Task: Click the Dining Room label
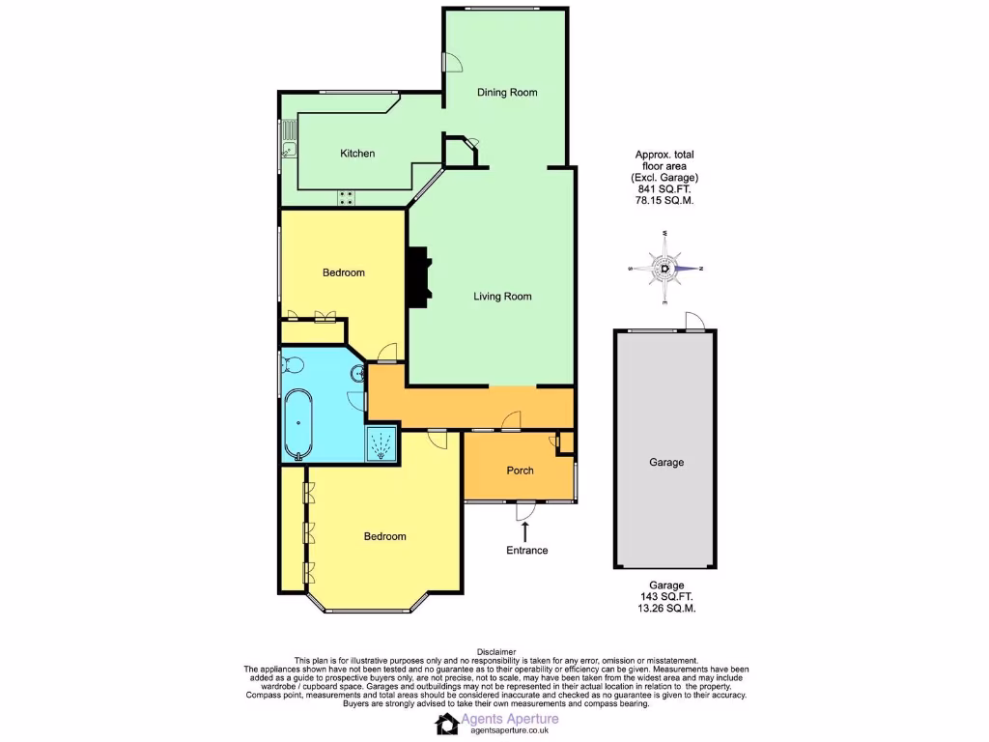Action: [x=507, y=93]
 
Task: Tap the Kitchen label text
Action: [x=357, y=154]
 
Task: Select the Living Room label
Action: [x=502, y=297]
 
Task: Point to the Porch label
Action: [x=520, y=471]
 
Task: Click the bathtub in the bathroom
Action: [x=298, y=422]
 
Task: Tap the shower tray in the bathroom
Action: [x=382, y=444]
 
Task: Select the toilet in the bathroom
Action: [x=293, y=364]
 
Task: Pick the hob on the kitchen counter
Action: [x=346, y=198]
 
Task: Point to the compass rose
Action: [x=665, y=269]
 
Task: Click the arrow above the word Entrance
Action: [x=526, y=530]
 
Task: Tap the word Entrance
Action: [x=526, y=551]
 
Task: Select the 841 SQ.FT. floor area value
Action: [x=664, y=189]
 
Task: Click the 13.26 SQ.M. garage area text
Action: [x=665, y=609]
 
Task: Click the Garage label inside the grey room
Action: [x=665, y=463]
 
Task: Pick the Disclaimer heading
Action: [x=496, y=652]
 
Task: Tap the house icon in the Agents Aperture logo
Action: [x=448, y=724]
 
